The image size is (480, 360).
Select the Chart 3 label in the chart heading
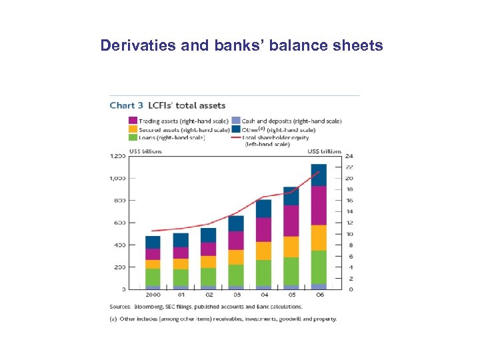127,105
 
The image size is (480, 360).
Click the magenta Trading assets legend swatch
133,121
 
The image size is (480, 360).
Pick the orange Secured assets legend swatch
133,129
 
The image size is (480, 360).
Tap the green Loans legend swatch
133,137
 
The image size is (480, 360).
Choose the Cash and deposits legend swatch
236,121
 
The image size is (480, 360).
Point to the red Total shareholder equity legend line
236,137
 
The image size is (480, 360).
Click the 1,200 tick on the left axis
117,156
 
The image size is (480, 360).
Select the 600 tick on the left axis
119,223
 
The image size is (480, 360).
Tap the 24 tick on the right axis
349,156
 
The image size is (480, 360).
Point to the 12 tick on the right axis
349,223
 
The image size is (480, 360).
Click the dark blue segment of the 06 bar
319,175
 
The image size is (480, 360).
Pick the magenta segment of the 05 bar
291,221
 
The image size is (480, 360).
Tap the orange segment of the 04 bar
263,251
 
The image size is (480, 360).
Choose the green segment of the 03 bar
235,275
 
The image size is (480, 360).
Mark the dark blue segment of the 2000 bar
153,242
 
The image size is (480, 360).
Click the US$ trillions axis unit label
325,151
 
